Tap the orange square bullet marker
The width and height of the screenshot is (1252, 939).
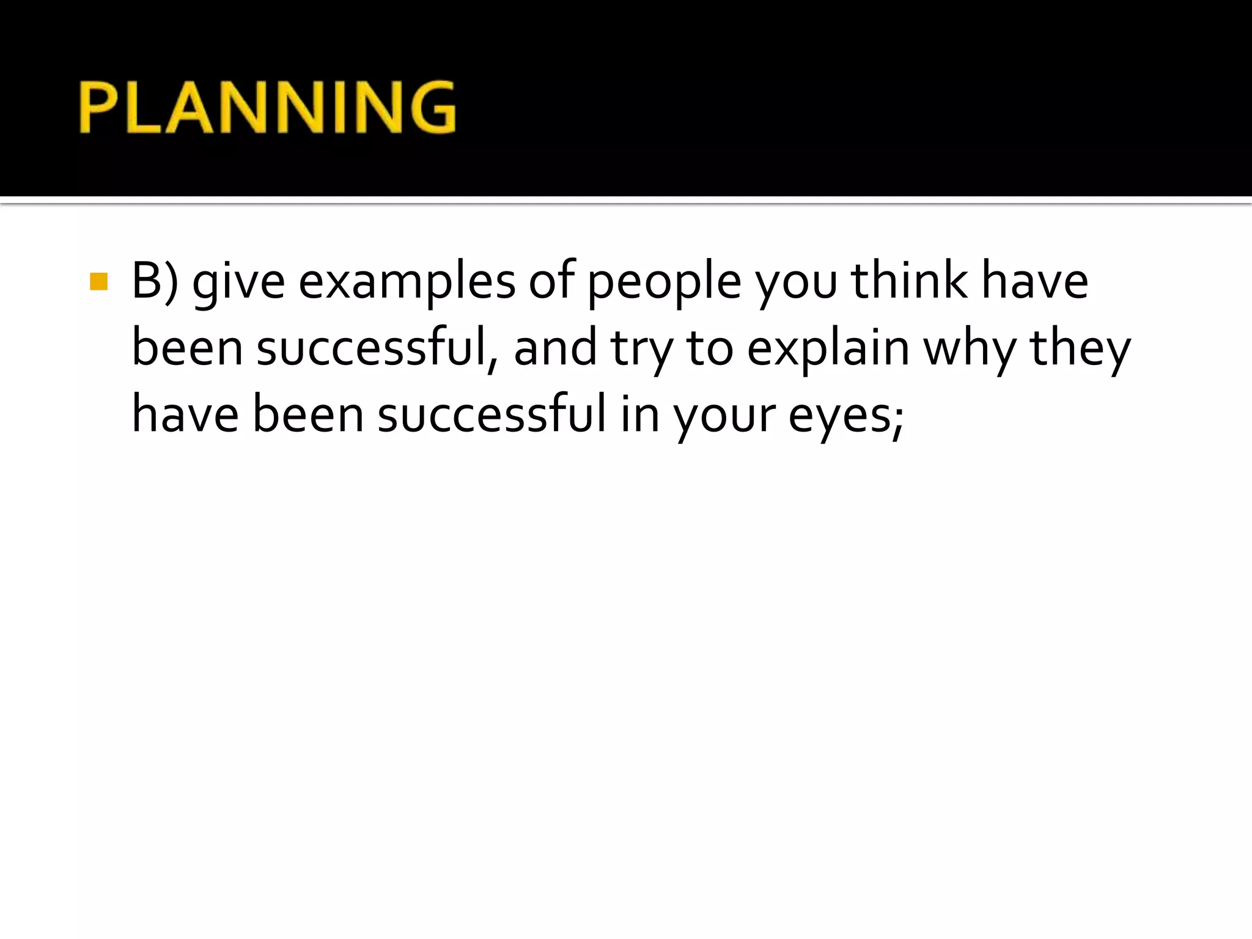(98, 282)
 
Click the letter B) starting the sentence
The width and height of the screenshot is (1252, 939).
(155, 282)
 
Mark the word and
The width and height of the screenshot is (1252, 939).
(555, 348)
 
